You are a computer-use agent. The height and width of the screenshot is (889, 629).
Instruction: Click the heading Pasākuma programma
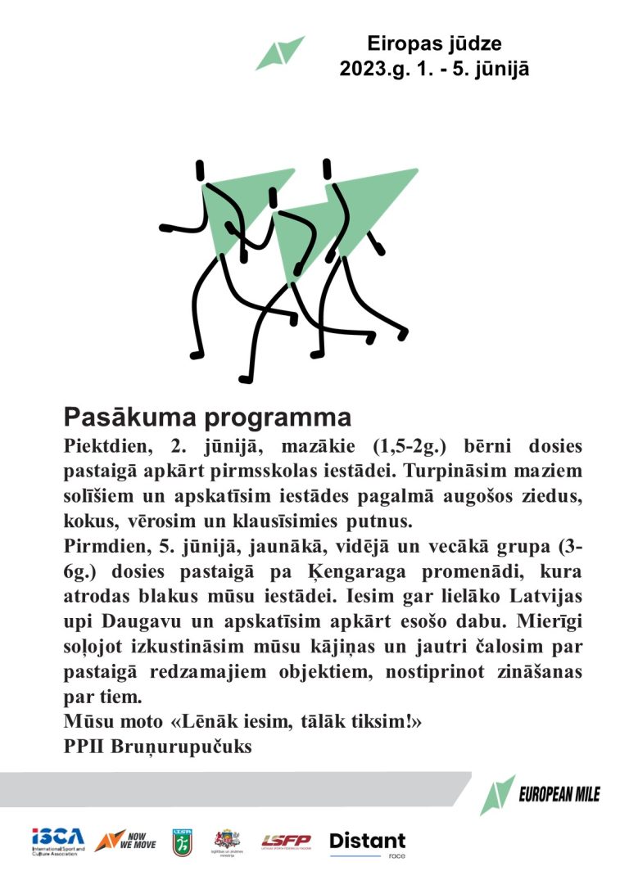[207, 417]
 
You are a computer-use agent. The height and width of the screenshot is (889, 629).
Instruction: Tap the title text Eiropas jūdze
[434, 43]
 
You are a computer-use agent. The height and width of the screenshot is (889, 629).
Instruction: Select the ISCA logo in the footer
[57, 840]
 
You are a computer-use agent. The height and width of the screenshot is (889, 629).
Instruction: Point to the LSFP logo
[286, 841]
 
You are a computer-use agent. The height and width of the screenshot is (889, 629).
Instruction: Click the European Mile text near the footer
[559, 793]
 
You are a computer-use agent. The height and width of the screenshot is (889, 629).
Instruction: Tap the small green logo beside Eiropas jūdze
[280, 52]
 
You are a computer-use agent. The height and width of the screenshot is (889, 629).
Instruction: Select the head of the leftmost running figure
[200, 171]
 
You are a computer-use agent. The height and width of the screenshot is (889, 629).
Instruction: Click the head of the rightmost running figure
[328, 169]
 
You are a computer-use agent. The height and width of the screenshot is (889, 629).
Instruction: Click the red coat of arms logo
[227, 838]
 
